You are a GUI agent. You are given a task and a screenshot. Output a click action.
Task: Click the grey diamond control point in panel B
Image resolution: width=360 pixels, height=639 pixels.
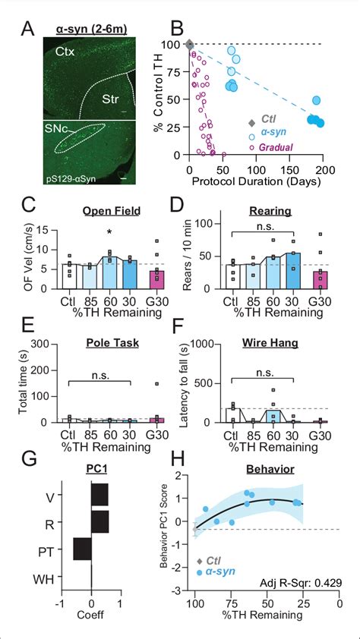point(189,45)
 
